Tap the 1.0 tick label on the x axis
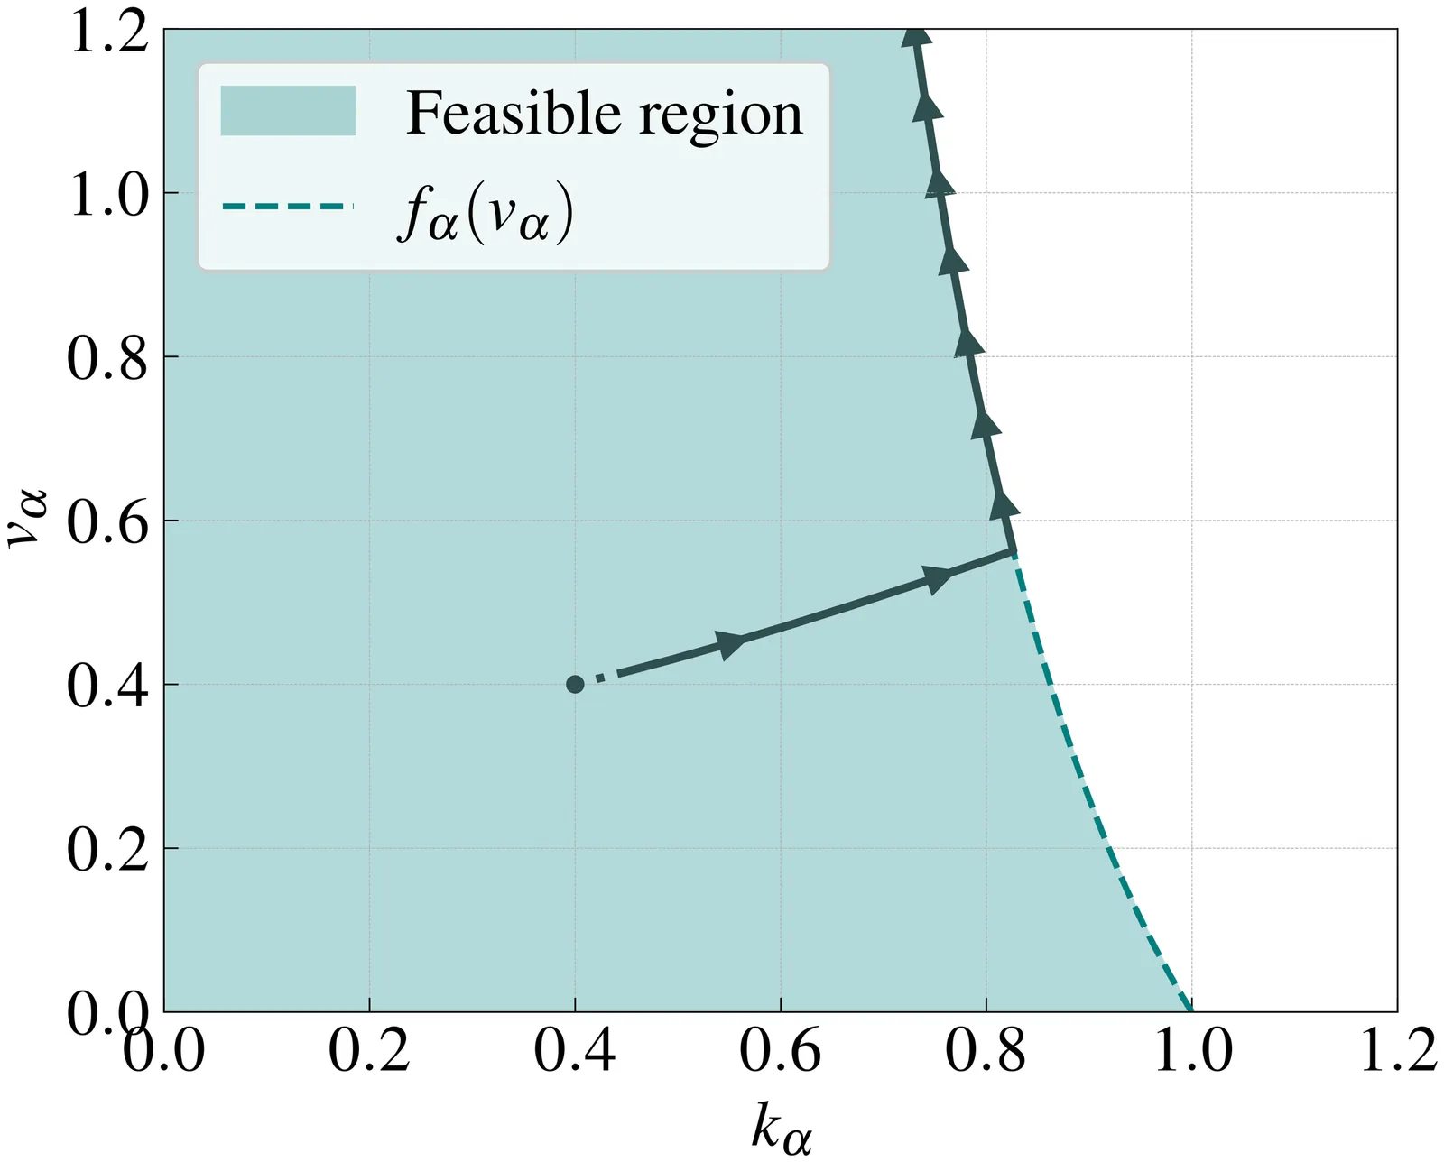point(1193,1052)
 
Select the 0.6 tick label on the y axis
point(107,522)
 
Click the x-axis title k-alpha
point(781,1129)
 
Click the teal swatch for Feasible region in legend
point(288,111)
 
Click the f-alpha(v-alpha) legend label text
point(486,215)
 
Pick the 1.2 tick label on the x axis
point(1398,1052)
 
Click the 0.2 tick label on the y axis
point(107,850)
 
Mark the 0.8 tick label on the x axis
point(986,1052)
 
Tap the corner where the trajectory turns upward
point(1014,550)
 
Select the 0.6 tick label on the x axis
point(781,1052)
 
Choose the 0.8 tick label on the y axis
point(107,358)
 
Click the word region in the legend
point(720,115)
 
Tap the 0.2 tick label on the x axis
point(369,1052)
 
